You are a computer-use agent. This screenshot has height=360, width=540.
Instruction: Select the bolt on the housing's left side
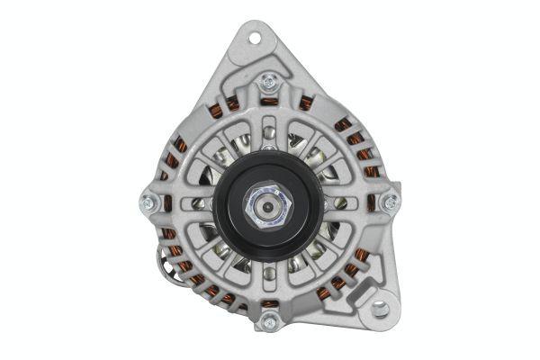click(148, 201)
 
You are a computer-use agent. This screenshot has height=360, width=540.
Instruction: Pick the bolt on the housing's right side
click(390, 202)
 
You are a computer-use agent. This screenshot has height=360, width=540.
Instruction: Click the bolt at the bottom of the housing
click(267, 319)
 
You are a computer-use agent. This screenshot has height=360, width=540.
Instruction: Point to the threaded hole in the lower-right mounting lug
click(380, 309)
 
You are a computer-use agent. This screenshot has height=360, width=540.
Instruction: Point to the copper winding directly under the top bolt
click(267, 103)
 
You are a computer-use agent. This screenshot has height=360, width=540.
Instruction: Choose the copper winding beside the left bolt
click(167, 201)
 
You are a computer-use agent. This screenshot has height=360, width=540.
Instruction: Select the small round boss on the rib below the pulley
click(267, 280)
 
